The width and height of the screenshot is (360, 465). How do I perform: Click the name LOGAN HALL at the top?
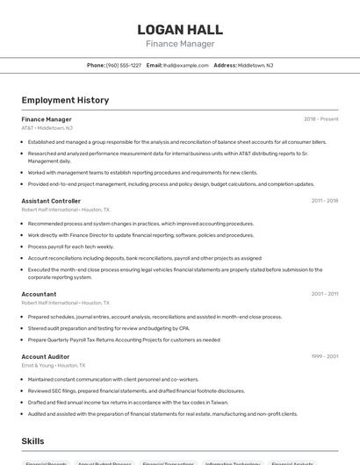point(179,30)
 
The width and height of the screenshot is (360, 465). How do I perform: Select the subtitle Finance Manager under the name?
point(179,44)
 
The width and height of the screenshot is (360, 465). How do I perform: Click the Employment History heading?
point(65,100)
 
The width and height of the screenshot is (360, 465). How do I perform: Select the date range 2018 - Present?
point(320,119)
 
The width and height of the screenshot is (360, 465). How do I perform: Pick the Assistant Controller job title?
point(51,201)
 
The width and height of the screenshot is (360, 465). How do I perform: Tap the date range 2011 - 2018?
point(324,201)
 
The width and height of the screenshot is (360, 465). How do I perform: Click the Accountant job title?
point(39,294)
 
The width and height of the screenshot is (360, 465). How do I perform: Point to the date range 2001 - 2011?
point(324,294)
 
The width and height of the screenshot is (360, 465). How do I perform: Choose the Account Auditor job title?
point(46,356)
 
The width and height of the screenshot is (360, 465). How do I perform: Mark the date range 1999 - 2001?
point(324,356)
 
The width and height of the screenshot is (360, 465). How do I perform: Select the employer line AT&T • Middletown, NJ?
point(47,128)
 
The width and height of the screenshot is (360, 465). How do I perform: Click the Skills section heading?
point(33,441)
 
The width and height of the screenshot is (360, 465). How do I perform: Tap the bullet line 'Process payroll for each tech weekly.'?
point(71,247)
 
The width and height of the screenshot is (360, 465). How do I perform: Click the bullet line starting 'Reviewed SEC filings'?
point(136,390)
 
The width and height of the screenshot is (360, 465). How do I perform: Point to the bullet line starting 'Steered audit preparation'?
point(109,328)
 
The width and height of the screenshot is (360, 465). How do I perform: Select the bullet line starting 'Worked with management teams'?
point(142,173)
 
